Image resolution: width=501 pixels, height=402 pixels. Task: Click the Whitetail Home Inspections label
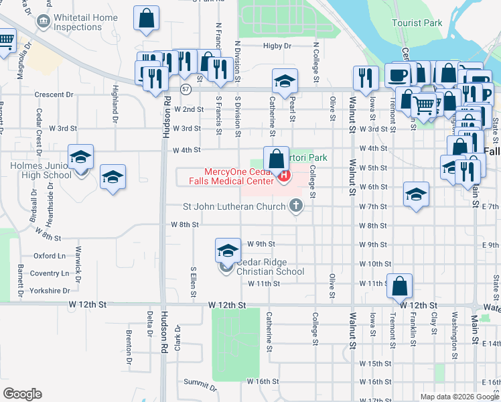point(86,22)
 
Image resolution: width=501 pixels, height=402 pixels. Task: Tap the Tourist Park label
point(417,23)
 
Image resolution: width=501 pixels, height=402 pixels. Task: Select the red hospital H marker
point(284,176)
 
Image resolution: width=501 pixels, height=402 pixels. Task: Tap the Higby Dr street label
point(277,46)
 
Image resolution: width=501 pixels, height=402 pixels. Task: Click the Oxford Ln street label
point(50,255)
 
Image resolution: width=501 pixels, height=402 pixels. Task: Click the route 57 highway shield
point(186,88)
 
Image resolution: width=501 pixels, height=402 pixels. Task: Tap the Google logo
point(22,394)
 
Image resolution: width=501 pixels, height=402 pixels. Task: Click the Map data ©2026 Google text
point(459,397)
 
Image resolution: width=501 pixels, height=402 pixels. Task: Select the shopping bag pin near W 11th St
point(400,287)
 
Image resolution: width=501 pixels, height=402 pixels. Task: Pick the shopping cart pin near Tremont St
point(424,105)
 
